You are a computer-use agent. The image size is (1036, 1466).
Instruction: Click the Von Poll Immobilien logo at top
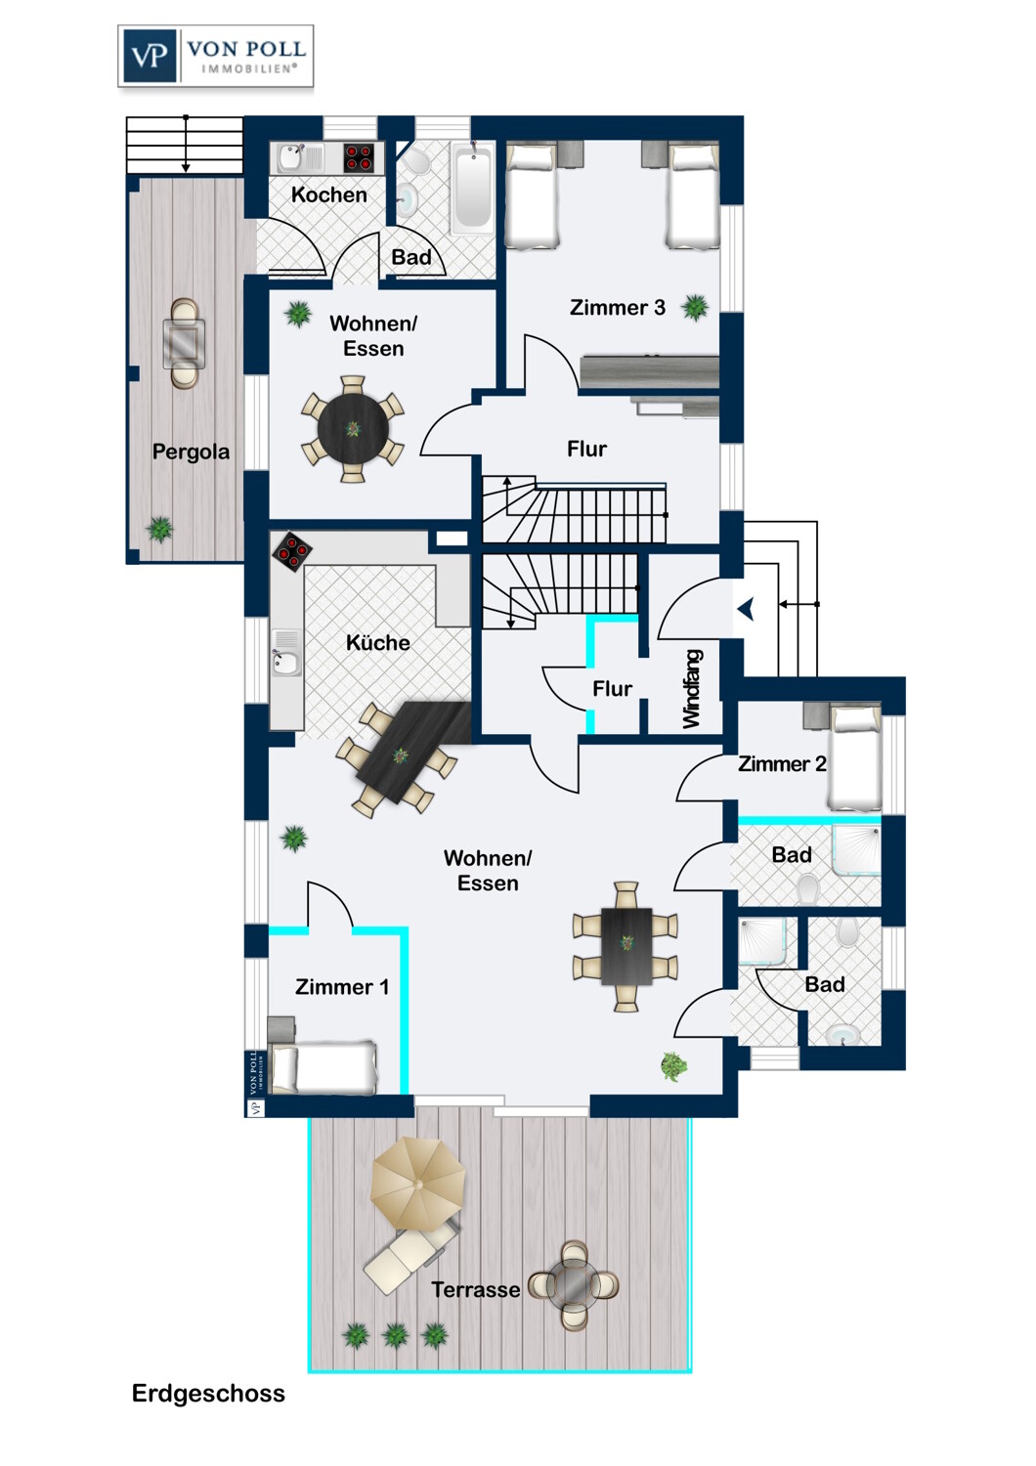pyautogui.click(x=215, y=57)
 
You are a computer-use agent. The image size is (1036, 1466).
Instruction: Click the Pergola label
pyautogui.click(x=191, y=452)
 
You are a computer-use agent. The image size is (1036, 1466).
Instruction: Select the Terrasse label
pyautogui.click(x=476, y=1289)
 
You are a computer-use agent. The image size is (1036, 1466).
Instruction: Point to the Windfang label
pyautogui.click(x=692, y=688)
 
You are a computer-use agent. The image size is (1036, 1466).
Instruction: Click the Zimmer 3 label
pyautogui.click(x=617, y=307)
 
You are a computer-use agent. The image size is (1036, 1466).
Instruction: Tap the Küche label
pyautogui.click(x=377, y=642)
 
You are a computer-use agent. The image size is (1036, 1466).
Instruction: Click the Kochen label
pyautogui.click(x=328, y=194)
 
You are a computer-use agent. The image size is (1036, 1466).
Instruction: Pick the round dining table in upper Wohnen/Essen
pyautogui.click(x=353, y=429)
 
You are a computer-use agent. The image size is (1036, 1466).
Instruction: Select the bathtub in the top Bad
pyautogui.click(x=472, y=190)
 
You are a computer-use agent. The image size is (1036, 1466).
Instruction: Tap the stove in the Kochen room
pyautogui.click(x=360, y=157)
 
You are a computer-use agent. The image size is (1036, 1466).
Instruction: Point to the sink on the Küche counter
pyautogui.click(x=286, y=662)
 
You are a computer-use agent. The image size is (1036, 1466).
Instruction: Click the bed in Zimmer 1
pyautogui.click(x=323, y=1068)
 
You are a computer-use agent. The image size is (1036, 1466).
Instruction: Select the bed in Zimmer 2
pyautogui.click(x=855, y=757)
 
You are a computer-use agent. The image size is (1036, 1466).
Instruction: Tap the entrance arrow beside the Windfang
pyautogui.click(x=746, y=609)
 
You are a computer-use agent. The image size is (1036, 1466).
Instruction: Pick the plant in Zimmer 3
pyautogui.click(x=694, y=307)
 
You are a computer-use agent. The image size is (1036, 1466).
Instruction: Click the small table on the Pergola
pyautogui.click(x=184, y=343)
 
